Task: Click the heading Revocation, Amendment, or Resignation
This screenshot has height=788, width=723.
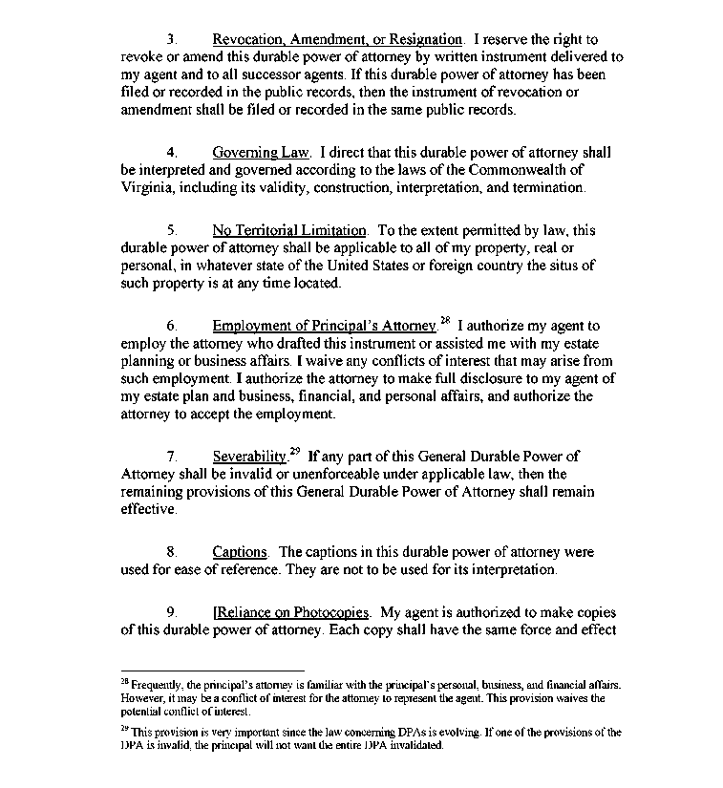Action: pos(337,40)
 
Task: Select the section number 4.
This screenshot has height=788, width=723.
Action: pos(171,153)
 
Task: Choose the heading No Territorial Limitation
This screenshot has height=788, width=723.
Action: pos(288,231)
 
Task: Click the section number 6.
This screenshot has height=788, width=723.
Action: pos(171,327)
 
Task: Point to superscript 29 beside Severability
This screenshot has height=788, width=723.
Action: pos(294,452)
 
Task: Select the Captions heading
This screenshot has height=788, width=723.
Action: pos(239,553)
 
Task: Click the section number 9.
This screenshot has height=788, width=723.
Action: pos(171,612)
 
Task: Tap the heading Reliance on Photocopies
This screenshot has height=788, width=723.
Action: pos(290,612)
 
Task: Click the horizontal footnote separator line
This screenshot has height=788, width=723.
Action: pos(212,671)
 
